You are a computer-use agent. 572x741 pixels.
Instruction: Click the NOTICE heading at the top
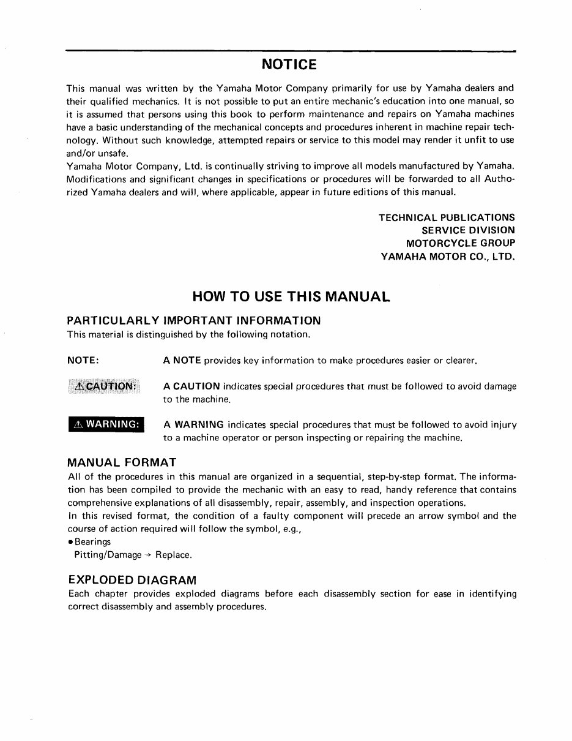(289, 65)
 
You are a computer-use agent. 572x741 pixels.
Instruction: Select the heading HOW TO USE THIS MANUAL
(291, 297)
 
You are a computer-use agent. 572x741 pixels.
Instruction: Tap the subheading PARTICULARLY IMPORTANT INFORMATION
(193, 321)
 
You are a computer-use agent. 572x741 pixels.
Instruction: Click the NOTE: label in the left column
(83, 361)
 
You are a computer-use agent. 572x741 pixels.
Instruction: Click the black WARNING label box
(105, 424)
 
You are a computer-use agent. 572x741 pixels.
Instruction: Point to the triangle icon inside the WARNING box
(78, 424)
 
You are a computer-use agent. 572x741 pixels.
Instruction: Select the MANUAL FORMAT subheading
(122, 462)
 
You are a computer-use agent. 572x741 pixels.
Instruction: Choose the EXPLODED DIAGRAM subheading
(132, 579)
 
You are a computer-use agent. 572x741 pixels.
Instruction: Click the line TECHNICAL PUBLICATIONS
(447, 217)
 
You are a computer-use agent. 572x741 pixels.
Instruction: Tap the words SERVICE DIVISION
(468, 230)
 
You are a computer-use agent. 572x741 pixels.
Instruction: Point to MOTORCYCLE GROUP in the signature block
(460, 243)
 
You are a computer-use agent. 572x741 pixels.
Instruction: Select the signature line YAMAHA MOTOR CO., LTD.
(448, 256)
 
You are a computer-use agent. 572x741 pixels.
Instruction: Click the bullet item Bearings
(92, 542)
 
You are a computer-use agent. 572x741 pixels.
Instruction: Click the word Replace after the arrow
(174, 555)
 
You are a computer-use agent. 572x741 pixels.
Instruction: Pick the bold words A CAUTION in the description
(191, 386)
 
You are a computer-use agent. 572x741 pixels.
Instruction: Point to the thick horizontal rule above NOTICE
(291, 50)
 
